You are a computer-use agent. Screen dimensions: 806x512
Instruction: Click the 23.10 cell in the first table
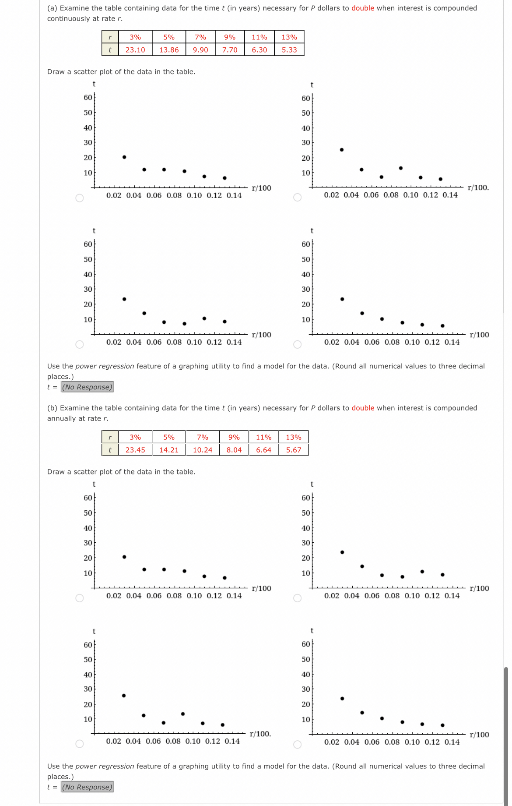(x=135, y=50)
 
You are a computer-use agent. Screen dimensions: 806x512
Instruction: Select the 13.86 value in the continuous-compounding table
(x=169, y=50)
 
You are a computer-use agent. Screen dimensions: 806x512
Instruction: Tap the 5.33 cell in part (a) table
(x=289, y=50)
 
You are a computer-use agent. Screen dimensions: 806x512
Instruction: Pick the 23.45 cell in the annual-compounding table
(x=135, y=450)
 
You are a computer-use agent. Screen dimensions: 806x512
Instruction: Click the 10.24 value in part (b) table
(x=203, y=450)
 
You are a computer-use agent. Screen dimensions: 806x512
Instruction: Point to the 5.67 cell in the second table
(x=294, y=450)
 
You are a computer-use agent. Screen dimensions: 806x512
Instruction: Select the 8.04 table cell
(x=234, y=450)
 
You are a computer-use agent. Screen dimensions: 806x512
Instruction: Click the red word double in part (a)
(x=363, y=8)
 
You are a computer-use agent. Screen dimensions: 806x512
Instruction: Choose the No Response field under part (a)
(x=87, y=387)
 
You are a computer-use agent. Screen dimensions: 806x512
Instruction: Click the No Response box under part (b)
(x=87, y=787)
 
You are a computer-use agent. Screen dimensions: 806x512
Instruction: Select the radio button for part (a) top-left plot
(x=80, y=198)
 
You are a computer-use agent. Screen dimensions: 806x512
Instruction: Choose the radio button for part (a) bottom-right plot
(x=298, y=344)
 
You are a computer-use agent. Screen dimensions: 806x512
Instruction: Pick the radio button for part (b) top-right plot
(x=298, y=598)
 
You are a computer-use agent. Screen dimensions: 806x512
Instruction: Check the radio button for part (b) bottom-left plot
(x=80, y=744)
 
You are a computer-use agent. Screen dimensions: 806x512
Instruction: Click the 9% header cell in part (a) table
(x=230, y=37)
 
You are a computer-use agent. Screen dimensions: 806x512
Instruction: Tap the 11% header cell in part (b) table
(x=264, y=437)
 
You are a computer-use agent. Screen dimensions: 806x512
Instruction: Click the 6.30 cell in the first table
(x=260, y=50)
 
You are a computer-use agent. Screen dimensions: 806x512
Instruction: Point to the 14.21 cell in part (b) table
(x=169, y=450)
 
